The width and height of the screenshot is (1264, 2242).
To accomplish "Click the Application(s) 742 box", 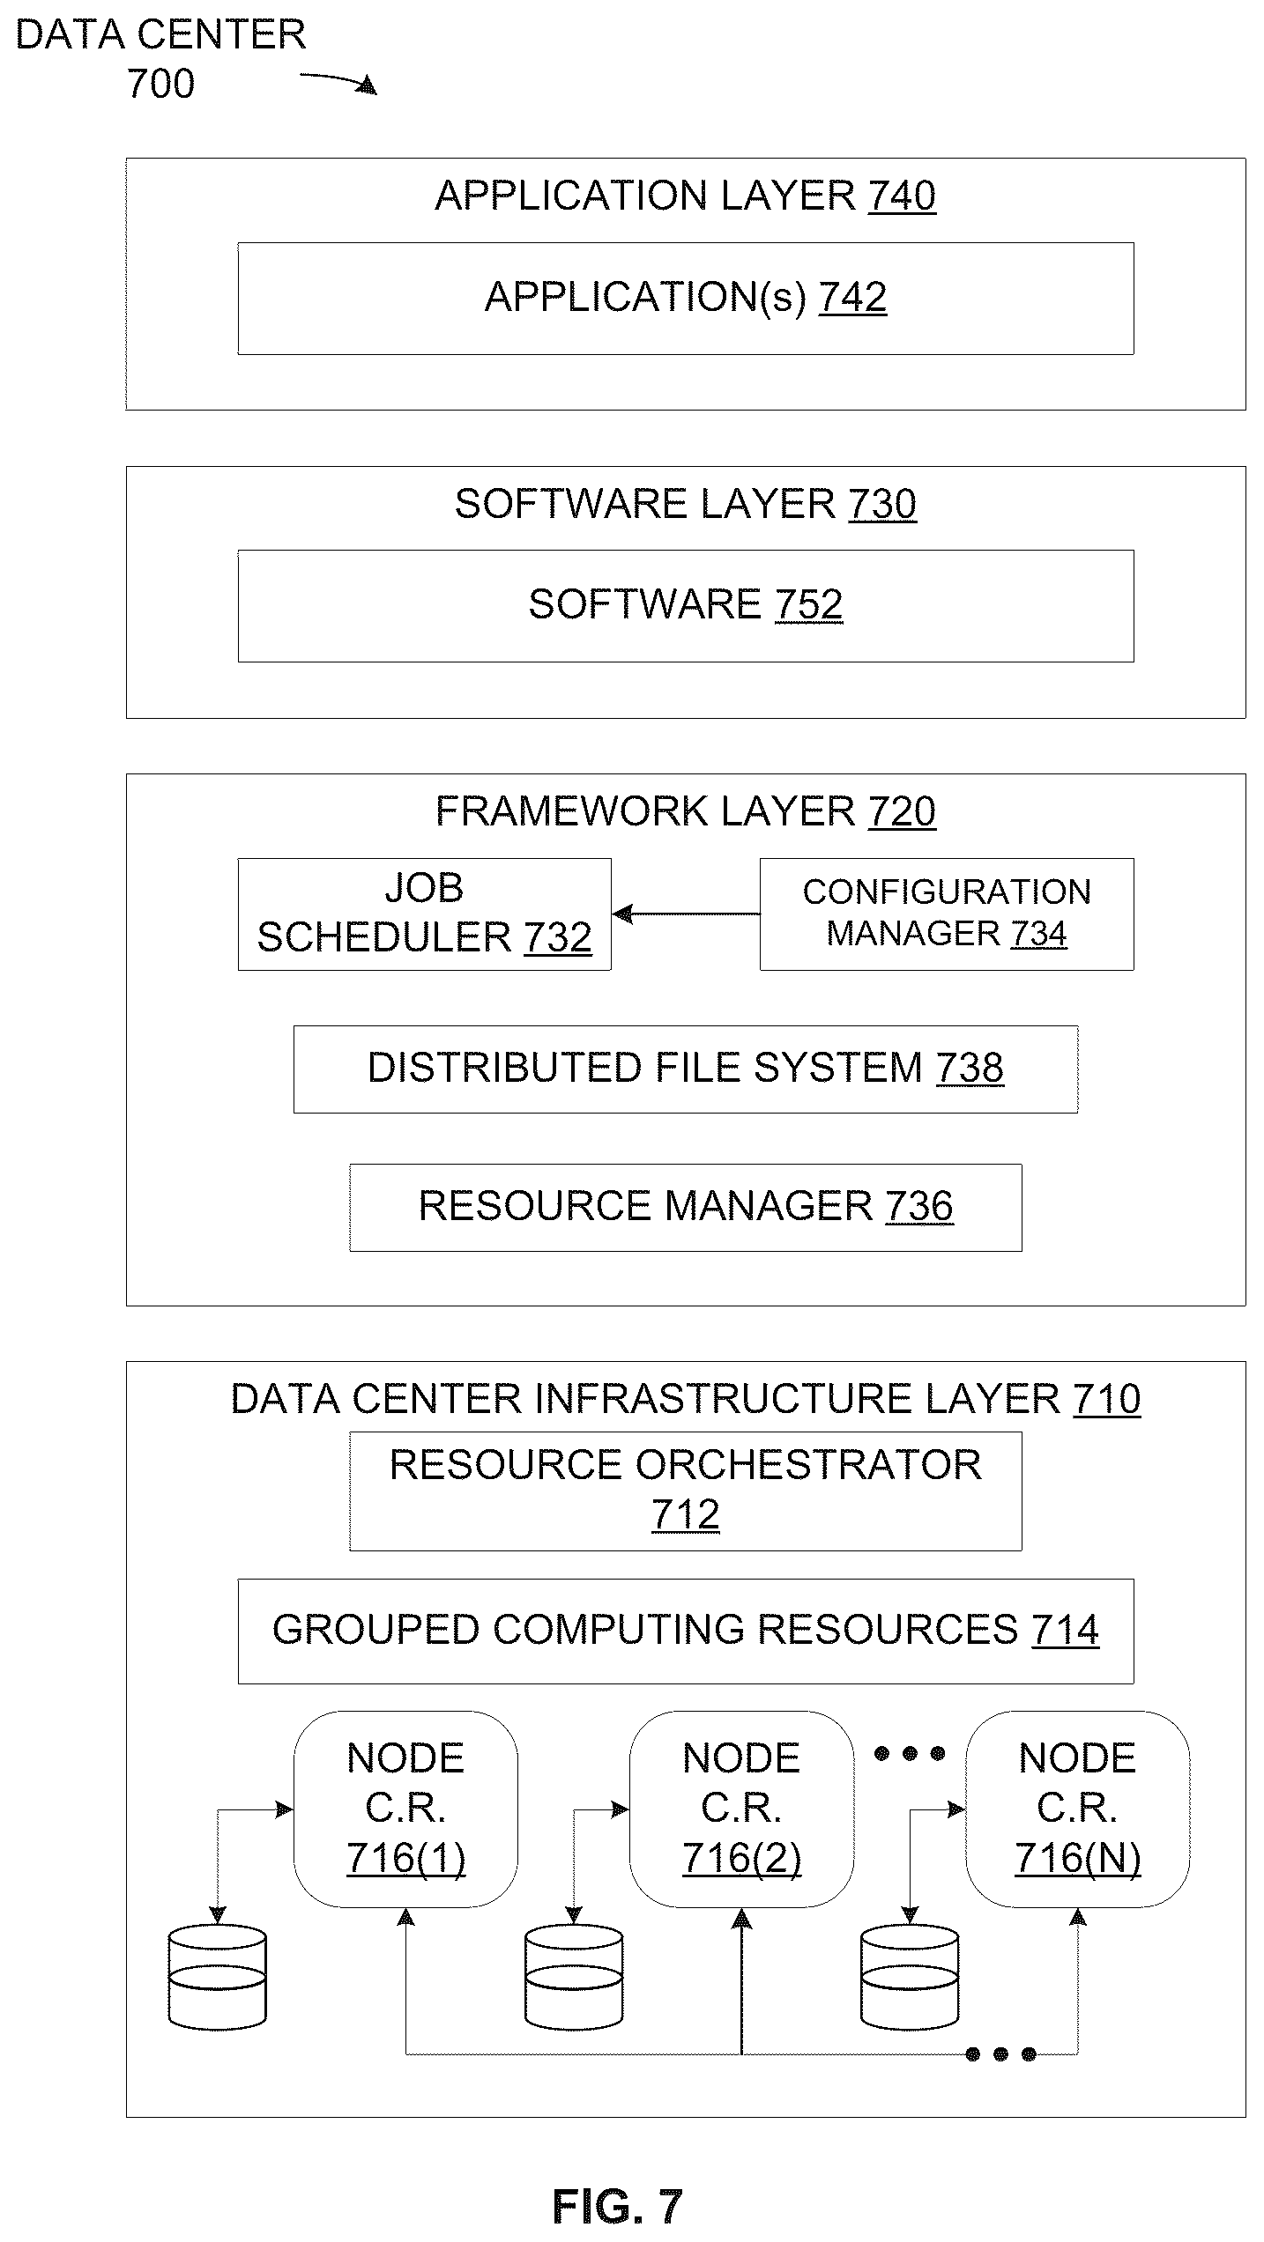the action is (x=686, y=299).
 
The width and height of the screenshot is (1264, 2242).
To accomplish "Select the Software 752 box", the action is (x=686, y=606).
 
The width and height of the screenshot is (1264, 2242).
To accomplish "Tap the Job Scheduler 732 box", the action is (x=424, y=914).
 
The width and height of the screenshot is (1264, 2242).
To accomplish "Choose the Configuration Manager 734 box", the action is (x=947, y=914).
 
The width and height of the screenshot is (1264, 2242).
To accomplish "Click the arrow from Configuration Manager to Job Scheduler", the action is (x=686, y=914).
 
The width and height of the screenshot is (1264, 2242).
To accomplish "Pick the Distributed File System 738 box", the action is (x=686, y=1069).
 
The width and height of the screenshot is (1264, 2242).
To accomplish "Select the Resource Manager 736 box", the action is (x=686, y=1208).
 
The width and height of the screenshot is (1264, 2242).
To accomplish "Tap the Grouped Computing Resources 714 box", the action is (x=686, y=1632).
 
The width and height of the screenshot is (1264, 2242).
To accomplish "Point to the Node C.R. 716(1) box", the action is (x=405, y=1809).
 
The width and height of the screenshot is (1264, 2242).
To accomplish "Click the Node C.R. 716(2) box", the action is (x=741, y=1809).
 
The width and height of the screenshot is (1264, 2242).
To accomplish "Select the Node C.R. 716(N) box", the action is (x=1077, y=1809).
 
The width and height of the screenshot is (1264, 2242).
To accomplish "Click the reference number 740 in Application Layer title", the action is (x=902, y=196).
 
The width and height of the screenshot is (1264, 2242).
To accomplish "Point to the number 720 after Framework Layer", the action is (x=902, y=812).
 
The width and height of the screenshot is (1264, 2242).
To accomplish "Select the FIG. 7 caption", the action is (x=618, y=2207).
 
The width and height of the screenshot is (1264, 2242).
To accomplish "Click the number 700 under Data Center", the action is (x=160, y=85).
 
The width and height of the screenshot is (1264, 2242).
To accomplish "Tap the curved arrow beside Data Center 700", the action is (x=338, y=81).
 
